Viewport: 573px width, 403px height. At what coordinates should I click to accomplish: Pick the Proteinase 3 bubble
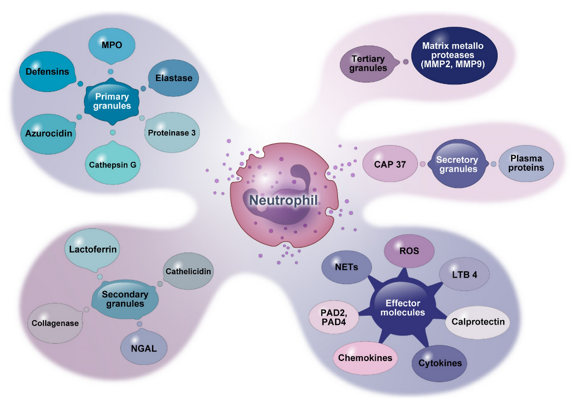pos(171,132)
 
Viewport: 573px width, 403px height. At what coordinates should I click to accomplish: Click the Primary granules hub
pos(111,101)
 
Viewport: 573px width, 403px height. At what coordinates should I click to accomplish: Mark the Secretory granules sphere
pos(457,164)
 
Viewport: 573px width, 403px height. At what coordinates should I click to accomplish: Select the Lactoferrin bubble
pos(92,249)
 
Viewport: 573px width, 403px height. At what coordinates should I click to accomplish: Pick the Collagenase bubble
pos(55,323)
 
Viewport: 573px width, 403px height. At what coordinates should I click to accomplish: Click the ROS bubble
pos(410,251)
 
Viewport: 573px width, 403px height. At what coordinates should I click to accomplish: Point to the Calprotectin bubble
pos(478,322)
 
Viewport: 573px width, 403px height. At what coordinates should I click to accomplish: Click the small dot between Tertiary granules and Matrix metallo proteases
pos(406,62)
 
